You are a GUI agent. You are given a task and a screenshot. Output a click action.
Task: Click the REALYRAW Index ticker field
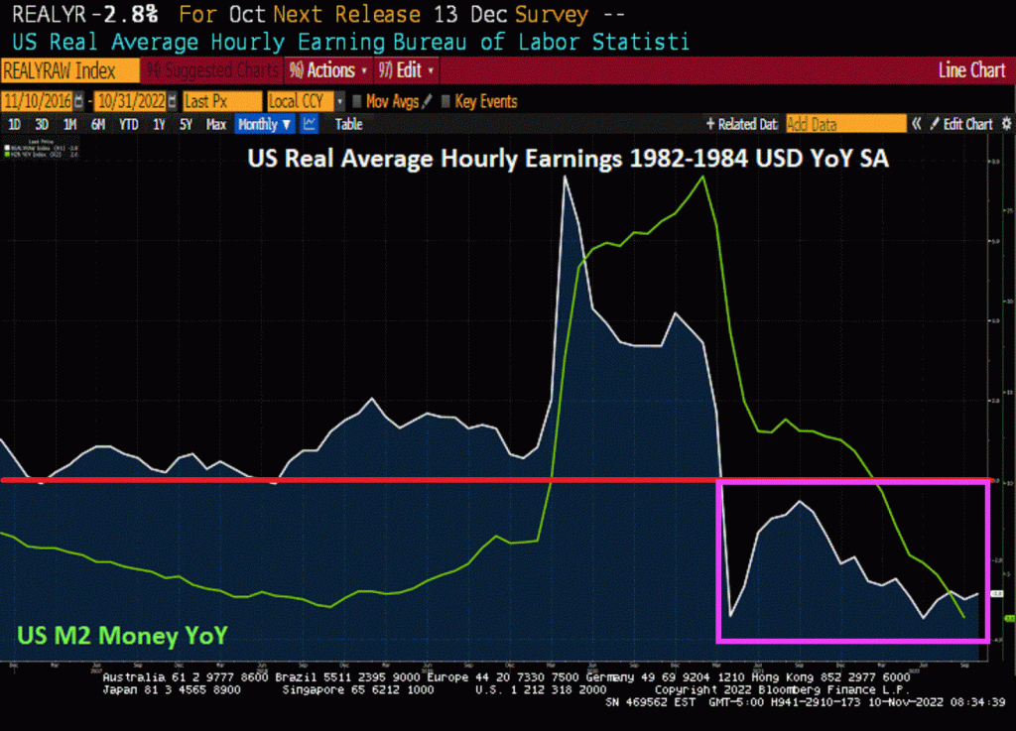[x=60, y=71]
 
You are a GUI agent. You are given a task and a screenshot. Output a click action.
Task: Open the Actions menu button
[x=327, y=71]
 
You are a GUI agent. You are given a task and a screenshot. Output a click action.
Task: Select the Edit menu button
[x=406, y=71]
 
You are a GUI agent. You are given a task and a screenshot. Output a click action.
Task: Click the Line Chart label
[x=971, y=71]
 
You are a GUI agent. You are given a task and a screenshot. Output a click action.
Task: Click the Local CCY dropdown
[x=302, y=101]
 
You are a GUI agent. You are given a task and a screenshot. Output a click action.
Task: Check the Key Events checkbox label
[x=484, y=101]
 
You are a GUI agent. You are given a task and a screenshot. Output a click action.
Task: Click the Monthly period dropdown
[x=265, y=124]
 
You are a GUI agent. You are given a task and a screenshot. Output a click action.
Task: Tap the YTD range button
[x=128, y=124]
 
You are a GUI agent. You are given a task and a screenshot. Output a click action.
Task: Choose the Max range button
[x=215, y=124]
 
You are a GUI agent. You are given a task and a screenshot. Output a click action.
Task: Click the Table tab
[x=348, y=124]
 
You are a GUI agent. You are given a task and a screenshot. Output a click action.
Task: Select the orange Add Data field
[x=845, y=124]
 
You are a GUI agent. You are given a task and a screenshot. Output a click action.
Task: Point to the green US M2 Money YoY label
[x=121, y=635]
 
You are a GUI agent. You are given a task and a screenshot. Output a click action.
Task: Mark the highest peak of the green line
[x=703, y=177]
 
